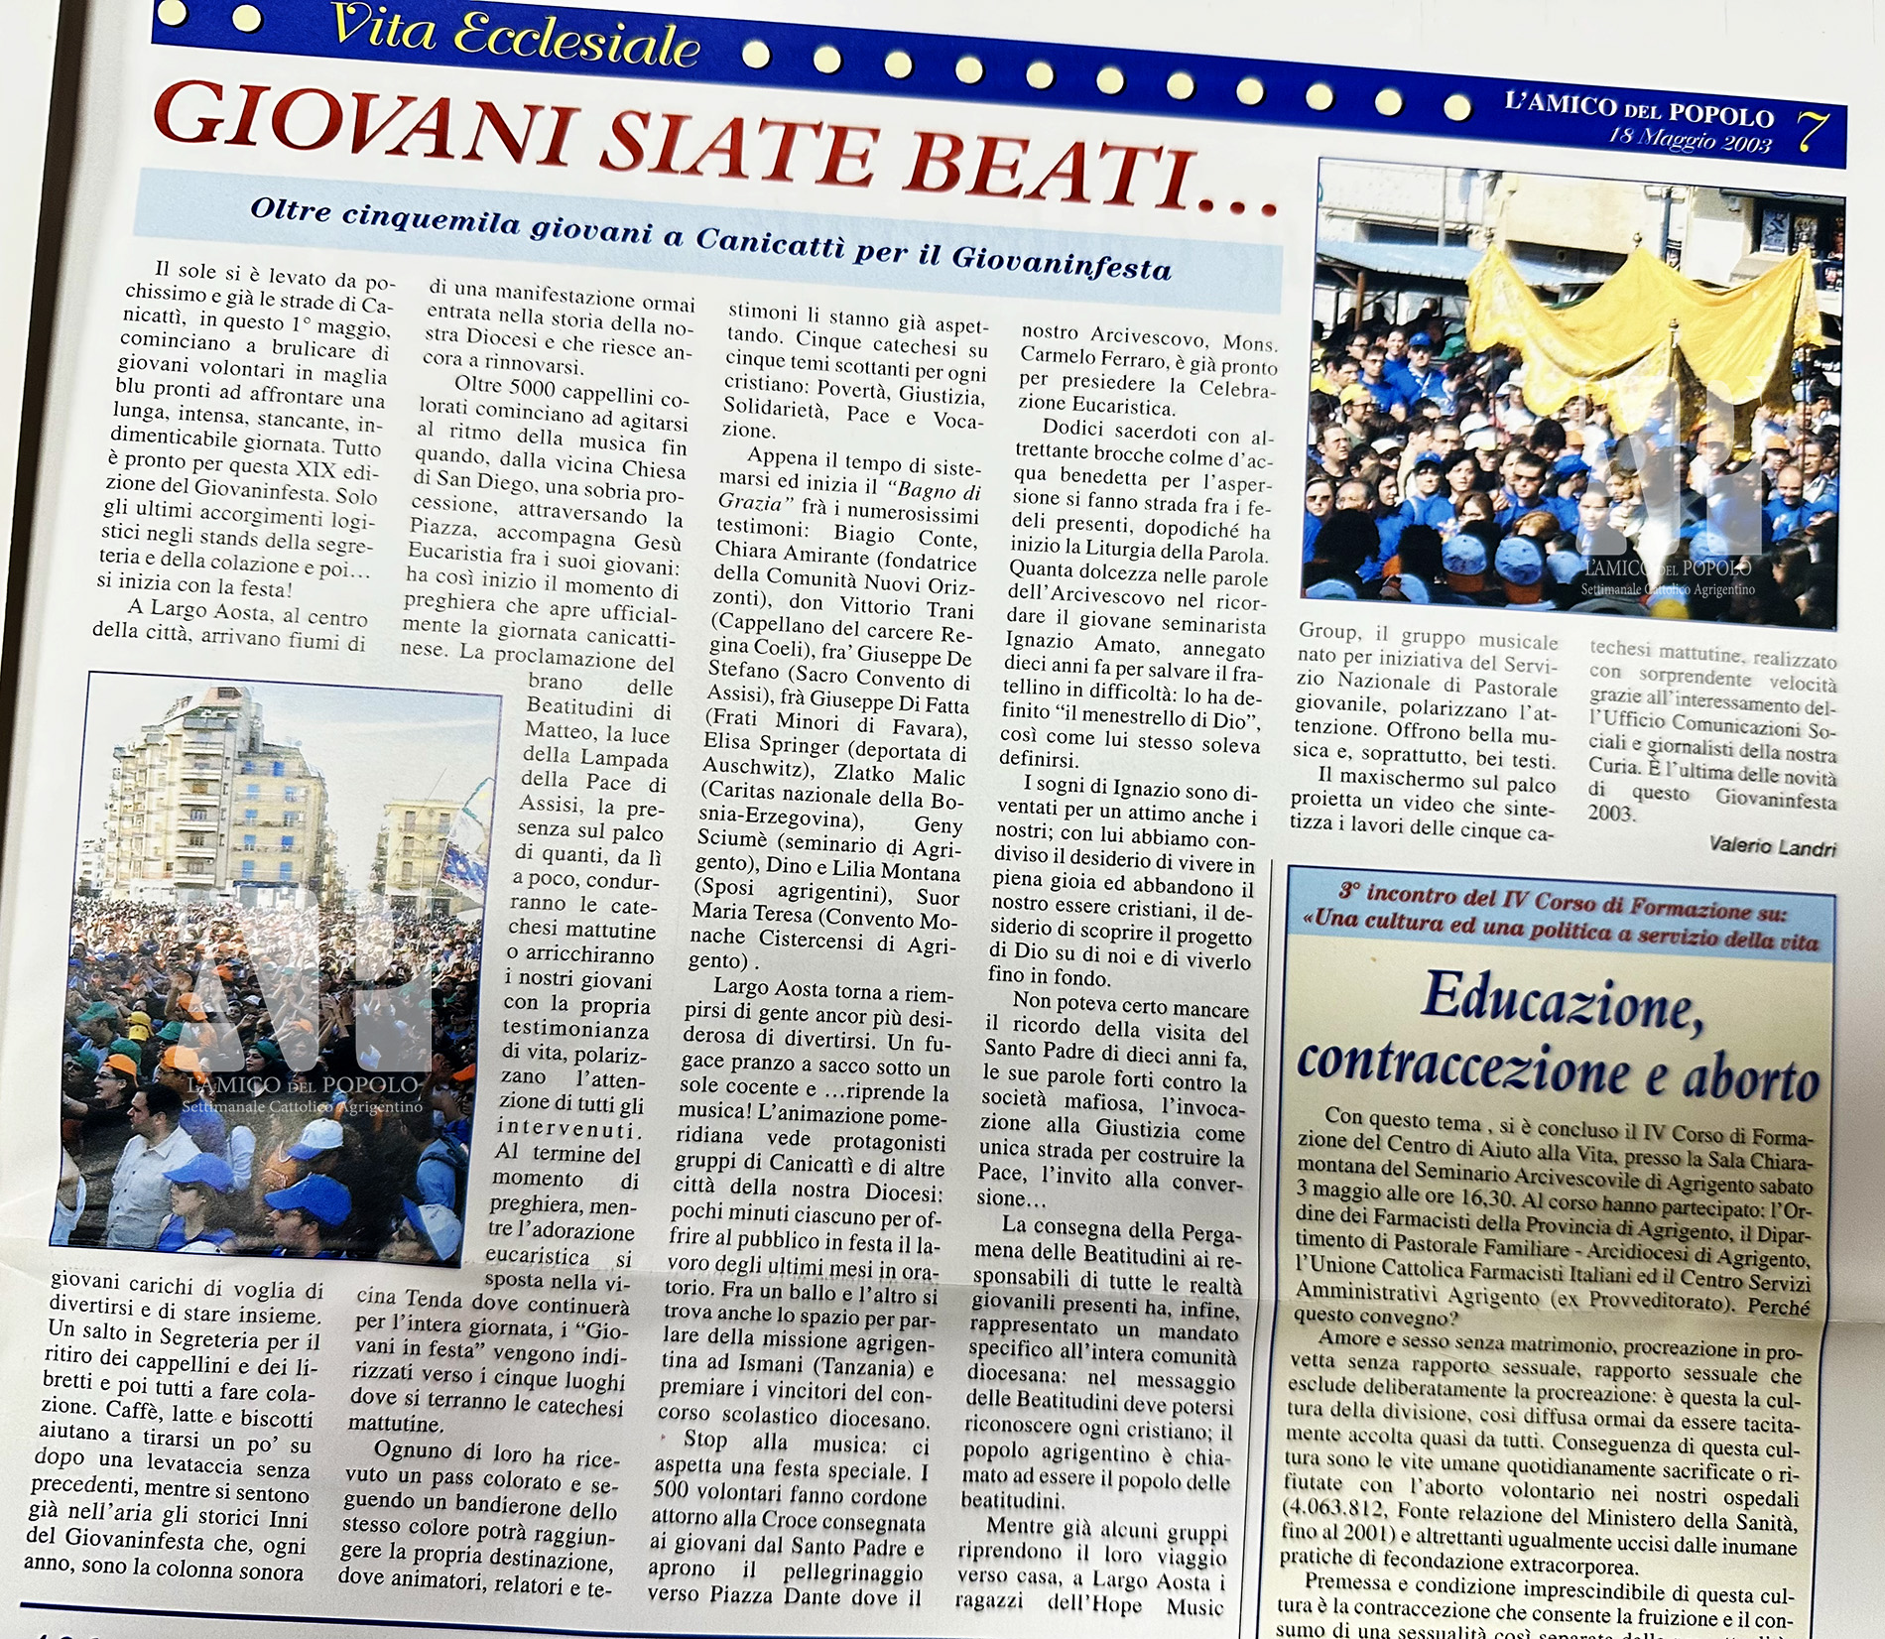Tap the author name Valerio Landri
pyautogui.click(x=1772, y=846)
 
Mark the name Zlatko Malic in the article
pyautogui.click(x=899, y=775)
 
